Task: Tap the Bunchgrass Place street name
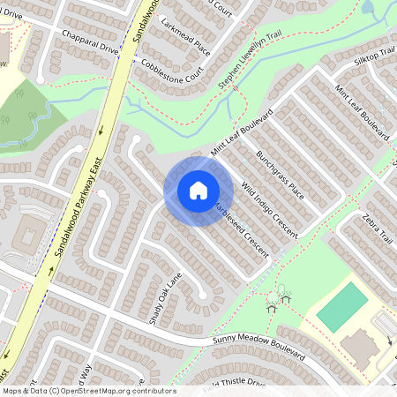point(280,175)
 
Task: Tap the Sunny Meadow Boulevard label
point(257,347)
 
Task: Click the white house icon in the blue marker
point(198,191)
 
